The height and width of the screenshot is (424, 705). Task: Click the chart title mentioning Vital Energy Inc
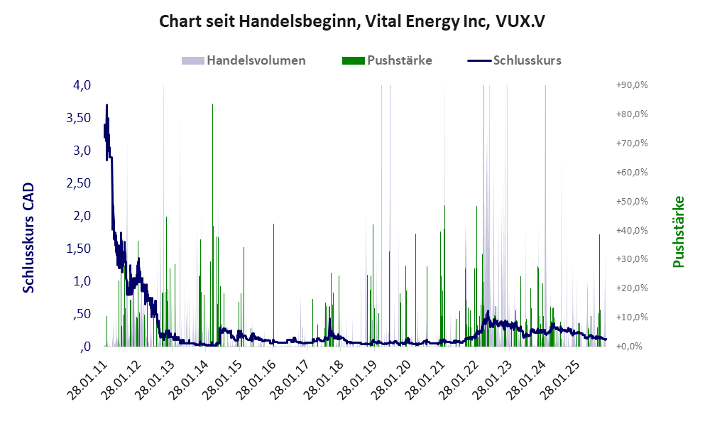[352, 21]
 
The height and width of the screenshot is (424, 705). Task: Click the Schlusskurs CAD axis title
[29, 237]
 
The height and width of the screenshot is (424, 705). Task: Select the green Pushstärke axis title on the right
[679, 232]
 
